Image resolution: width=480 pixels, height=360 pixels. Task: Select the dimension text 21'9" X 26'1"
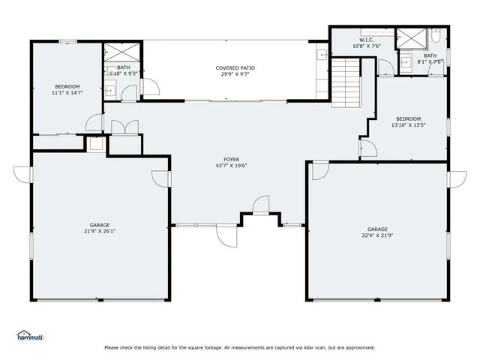click(x=100, y=231)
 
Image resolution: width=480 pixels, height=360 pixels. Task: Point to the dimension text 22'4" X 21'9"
click(x=377, y=235)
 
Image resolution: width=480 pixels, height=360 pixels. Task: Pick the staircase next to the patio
click(x=347, y=85)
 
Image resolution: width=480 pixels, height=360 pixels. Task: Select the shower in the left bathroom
click(x=121, y=52)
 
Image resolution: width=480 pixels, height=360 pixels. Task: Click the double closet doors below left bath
click(x=124, y=127)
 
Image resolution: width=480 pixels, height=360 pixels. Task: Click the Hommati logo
click(x=31, y=335)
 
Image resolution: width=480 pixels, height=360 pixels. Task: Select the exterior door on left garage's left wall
click(x=22, y=173)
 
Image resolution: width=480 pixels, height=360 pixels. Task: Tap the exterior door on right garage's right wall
click(x=457, y=181)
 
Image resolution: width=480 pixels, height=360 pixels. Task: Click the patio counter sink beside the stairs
click(x=322, y=55)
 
